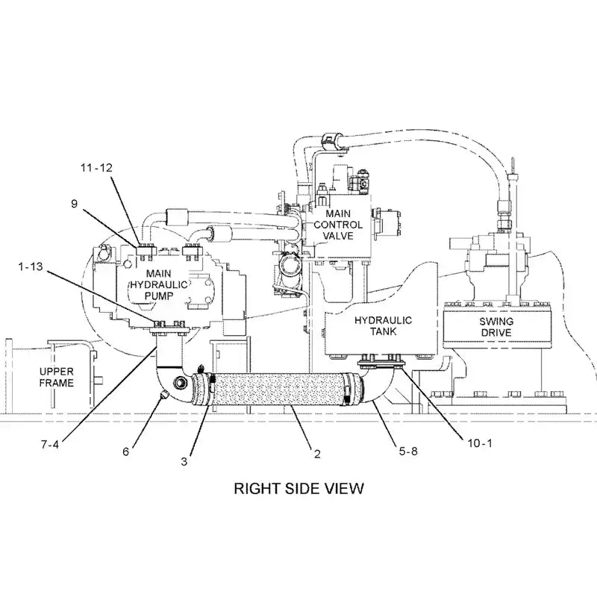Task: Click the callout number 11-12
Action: tap(96, 168)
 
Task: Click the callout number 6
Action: tap(125, 451)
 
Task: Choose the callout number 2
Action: tap(316, 452)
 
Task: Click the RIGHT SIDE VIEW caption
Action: tap(298, 489)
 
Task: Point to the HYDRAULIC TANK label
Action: tap(383, 326)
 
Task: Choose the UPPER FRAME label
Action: tap(57, 377)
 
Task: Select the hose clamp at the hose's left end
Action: tap(210, 389)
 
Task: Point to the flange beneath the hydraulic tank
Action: tap(379, 364)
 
